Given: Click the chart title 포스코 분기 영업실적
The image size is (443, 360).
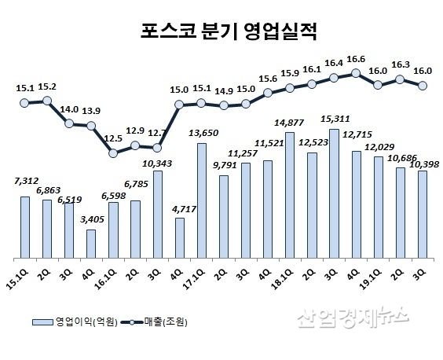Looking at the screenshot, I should (x=222, y=31).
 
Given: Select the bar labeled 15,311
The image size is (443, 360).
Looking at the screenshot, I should (x=334, y=193).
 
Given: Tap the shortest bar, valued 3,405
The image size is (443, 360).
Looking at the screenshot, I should (x=91, y=244).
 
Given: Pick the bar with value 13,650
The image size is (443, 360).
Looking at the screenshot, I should (x=201, y=200).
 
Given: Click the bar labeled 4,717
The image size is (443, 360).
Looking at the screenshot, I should (x=179, y=237).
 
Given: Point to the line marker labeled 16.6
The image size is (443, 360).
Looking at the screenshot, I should (x=356, y=73).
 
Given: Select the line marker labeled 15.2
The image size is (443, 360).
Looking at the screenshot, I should (x=46, y=100).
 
